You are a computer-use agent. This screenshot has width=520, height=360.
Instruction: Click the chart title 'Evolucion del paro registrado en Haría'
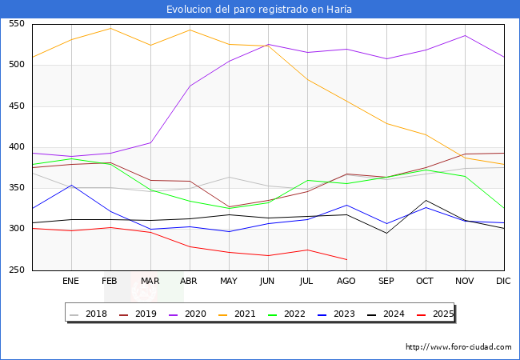click(x=259, y=10)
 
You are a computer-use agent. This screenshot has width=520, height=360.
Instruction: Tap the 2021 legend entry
click(x=245, y=314)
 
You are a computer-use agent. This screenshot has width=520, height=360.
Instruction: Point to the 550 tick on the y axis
click(x=17, y=24)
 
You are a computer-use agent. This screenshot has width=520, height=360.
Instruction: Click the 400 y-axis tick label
click(x=17, y=147)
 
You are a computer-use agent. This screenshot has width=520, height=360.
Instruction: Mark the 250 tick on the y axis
click(x=17, y=270)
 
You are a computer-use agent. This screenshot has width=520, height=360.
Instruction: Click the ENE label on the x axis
click(x=71, y=281)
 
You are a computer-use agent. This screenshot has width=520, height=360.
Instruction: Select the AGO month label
click(x=346, y=281)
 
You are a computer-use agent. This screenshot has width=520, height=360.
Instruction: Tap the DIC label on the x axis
click(x=503, y=281)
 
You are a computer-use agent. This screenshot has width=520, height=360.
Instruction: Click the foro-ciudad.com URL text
click(x=458, y=347)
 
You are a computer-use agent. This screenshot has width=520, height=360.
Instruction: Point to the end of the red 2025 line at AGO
click(x=346, y=259)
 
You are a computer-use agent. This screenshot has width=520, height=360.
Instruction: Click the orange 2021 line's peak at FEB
click(x=110, y=29)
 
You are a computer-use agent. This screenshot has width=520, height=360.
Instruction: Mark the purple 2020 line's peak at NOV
click(x=465, y=35)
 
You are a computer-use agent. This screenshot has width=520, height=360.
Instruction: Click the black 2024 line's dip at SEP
click(x=386, y=233)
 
